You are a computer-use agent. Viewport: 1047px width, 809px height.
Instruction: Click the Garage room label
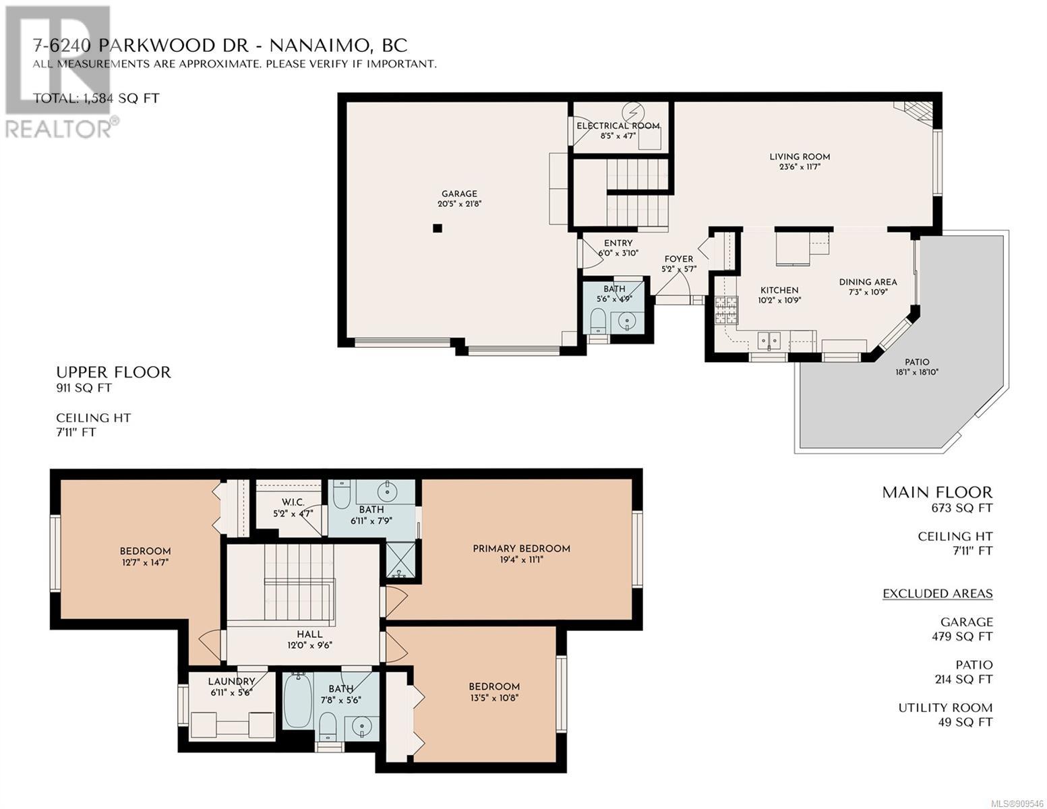pos(459,193)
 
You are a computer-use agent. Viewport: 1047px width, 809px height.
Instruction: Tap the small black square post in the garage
pos(437,229)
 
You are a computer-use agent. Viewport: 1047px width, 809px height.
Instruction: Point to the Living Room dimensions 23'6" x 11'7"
pos(800,167)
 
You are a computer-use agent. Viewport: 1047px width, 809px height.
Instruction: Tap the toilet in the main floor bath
pos(597,321)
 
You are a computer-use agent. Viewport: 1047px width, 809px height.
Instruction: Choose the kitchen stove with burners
pos(725,310)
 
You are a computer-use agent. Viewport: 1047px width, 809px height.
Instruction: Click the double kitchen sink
pos(769,340)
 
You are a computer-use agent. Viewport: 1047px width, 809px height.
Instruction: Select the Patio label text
pos(916,362)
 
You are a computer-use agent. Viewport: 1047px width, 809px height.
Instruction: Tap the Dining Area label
pos(868,282)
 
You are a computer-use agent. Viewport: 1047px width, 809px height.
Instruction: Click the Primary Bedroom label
pos(521,548)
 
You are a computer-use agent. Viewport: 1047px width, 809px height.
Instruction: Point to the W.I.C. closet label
pos(293,502)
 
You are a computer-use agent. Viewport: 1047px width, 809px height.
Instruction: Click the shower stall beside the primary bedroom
pos(401,560)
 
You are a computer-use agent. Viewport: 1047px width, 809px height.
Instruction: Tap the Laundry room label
pos(231,682)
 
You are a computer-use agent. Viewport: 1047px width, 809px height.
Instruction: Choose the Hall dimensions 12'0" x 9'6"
pos(309,645)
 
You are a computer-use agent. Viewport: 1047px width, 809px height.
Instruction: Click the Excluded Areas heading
pos(937,593)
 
